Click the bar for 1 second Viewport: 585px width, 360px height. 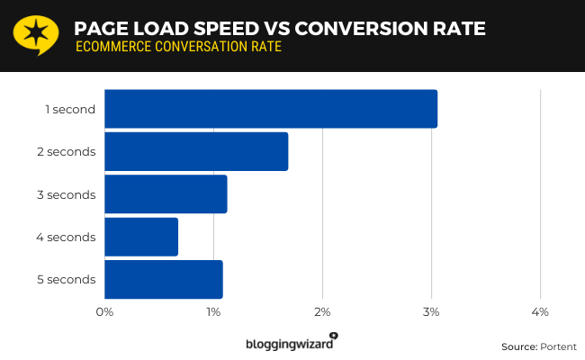tap(270, 109)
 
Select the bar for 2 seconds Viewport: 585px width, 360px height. tap(196, 151)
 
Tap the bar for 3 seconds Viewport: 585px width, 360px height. tap(166, 193)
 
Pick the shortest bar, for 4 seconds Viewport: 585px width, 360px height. tap(141, 237)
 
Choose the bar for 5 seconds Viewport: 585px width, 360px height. tap(163, 279)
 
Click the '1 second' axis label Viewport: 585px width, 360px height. tap(70, 109)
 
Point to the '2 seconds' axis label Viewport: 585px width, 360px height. tap(67, 151)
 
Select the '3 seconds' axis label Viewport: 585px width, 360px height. tap(67, 193)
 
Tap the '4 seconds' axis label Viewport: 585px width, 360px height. tap(67, 237)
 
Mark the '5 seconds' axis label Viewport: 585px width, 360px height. tap(67, 279)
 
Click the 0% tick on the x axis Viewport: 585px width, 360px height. tap(104, 311)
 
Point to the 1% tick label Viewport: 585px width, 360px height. tap(213, 311)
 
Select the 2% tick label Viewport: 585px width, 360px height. tap(322, 311)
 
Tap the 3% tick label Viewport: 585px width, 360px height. tap(431, 311)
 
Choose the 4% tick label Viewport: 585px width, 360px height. tap(540, 311)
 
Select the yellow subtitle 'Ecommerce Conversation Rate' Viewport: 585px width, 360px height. tap(178, 47)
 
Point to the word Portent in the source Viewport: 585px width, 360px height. tap(558, 346)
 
